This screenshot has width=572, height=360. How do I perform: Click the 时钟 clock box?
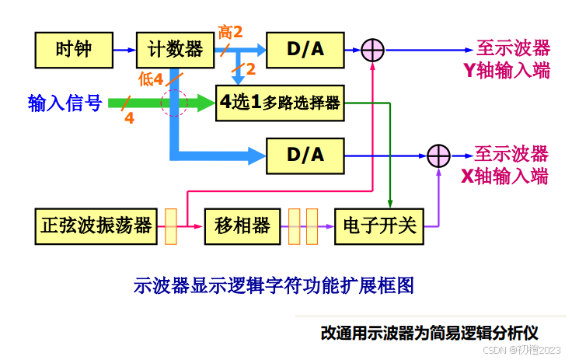click(74, 50)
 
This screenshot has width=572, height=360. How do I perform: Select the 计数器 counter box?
click(175, 50)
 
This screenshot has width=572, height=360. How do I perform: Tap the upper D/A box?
click(305, 50)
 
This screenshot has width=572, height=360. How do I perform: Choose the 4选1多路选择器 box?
click(280, 103)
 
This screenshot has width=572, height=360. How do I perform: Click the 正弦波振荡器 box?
click(96, 225)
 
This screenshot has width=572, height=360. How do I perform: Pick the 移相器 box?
click(242, 225)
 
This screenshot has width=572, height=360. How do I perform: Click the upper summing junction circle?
click(373, 51)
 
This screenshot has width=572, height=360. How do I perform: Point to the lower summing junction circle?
click(439, 155)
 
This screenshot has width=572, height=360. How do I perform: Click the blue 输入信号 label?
click(65, 103)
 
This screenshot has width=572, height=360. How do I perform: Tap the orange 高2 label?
click(231, 32)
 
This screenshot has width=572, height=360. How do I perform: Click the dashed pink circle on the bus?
click(174, 103)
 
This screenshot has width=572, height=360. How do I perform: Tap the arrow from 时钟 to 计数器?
click(124, 50)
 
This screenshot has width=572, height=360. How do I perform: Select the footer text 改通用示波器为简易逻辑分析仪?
click(435, 333)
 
